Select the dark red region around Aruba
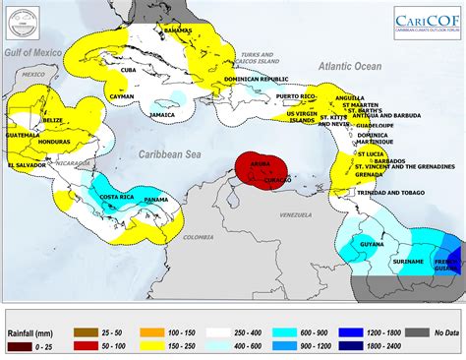click(258, 169)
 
